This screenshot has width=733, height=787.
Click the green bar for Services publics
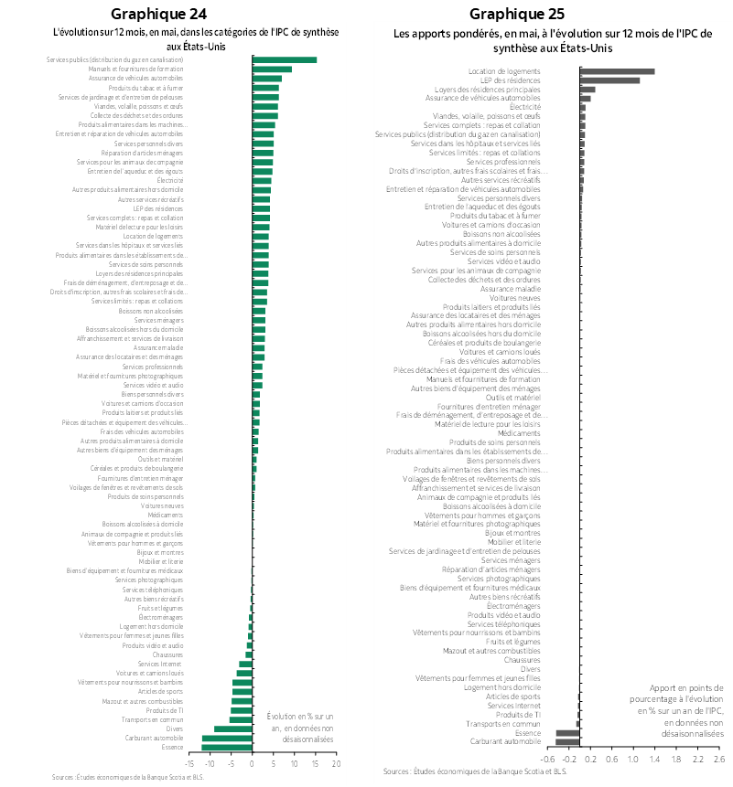pyautogui.click(x=285, y=59)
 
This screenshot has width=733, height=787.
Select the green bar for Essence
pyautogui.click(x=227, y=748)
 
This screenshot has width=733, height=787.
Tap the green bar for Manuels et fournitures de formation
pyautogui.click(x=272, y=69)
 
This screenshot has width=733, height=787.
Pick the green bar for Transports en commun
pyautogui.click(x=241, y=719)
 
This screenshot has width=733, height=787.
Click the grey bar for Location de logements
pyautogui.click(x=617, y=70)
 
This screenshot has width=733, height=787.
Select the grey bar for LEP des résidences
pyautogui.click(x=609, y=80)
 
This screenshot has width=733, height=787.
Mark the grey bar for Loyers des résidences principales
pyautogui.click(x=587, y=89)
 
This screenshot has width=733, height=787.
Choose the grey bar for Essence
pyautogui.click(x=567, y=732)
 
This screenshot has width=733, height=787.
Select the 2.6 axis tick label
pyautogui.click(x=718, y=759)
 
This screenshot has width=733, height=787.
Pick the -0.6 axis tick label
pyautogui.click(x=549, y=759)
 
